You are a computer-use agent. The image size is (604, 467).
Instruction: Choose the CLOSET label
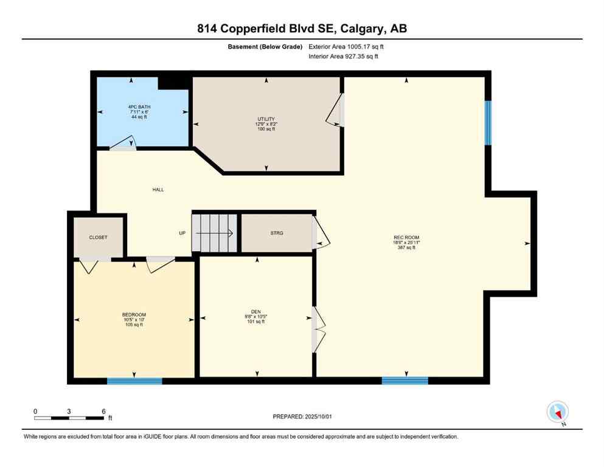click(98, 237)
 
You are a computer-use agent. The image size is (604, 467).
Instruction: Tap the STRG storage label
click(277, 233)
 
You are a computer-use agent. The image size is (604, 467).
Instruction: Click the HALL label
click(158, 190)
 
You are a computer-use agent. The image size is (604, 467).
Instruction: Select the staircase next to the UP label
click(214, 232)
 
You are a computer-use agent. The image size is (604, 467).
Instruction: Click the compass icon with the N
click(557, 413)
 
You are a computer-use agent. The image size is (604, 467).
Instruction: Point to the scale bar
click(69, 418)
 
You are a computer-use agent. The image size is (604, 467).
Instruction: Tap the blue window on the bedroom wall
click(134, 381)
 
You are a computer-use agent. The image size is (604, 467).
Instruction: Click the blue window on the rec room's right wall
click(488, 123)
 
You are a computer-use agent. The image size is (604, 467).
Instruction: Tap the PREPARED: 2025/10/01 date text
click(302, 417)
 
